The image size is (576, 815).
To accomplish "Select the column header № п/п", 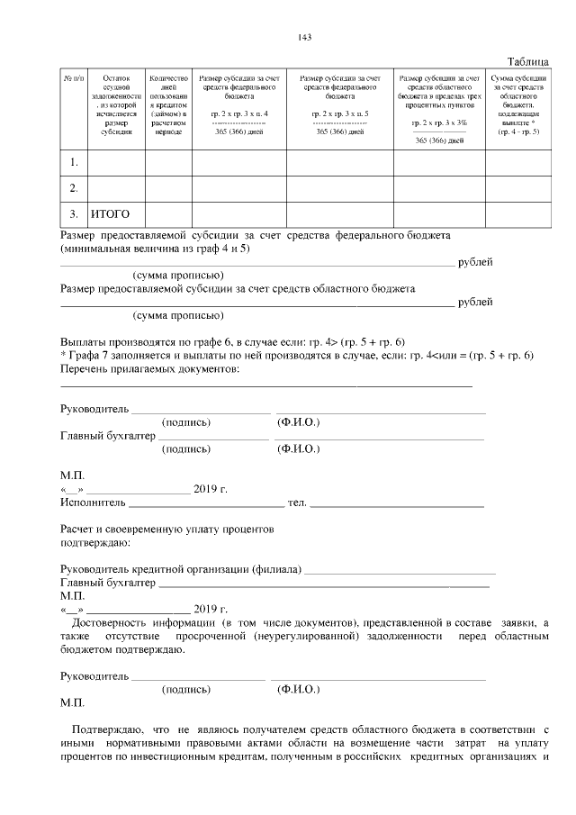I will [x=73, y=79].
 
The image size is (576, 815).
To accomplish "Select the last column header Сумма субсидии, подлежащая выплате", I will [x=517, y=104].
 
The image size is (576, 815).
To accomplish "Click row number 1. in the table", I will [x=74, y=162].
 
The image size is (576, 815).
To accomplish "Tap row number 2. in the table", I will [x=74, y=188].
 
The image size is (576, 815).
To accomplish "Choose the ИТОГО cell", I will [x=111, y=214].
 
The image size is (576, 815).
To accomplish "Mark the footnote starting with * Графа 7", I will [x=297, y=356].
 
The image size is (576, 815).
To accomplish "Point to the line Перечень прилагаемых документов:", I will [x=149, y=369].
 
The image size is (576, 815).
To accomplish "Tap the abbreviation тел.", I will [x=296, y=503].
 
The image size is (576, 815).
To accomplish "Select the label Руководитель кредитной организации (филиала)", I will [x=180, y=570].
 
